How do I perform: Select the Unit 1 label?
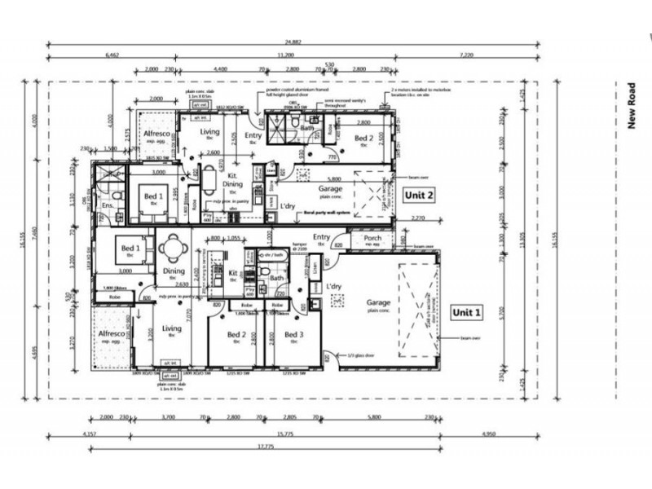pyautogui.click(x=467, y=312)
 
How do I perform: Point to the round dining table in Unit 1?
pyautogui.click(x=172, y=248)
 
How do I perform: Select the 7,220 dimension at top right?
pyautogui.click(x=467, y=55)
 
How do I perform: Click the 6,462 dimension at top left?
pyautogui.click(x=112, y=55)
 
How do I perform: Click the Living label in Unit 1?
pyautogui.click(x=171, y=328)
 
